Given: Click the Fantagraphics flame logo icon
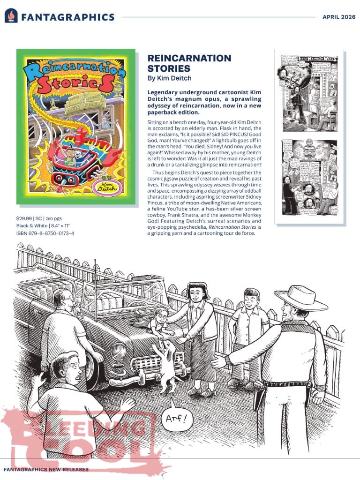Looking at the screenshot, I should coord(11,16).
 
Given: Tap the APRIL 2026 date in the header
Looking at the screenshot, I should coord(338,17).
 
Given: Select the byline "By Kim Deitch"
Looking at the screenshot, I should coord(169,78).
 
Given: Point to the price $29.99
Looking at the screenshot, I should coord(23,218).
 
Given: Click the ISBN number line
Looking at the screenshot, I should coord(45,233).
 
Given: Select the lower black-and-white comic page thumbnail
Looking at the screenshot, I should coord(310,177).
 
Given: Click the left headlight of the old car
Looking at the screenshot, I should coord(118,351).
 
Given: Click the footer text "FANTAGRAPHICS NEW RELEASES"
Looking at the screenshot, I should coord(46,469).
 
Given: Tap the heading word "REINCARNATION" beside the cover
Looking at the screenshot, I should coord(189,58).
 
